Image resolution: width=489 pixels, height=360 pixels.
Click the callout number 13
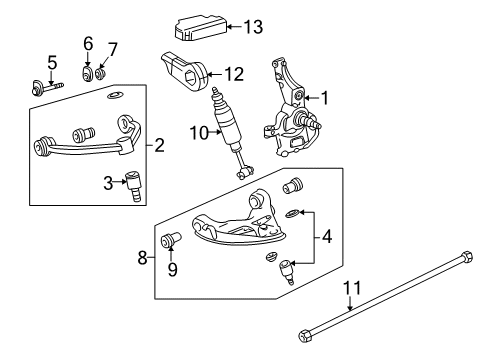253,27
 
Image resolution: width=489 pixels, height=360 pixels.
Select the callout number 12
234,74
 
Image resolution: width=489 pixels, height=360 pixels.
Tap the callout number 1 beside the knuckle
324,98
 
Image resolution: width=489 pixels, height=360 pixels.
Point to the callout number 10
200,133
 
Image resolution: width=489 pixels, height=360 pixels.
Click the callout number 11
352,288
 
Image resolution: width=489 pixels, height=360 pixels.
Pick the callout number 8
143,257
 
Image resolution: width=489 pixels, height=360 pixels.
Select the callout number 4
327,237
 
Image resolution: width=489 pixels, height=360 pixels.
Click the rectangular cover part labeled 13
201,28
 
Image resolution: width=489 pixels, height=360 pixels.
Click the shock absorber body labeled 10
228,128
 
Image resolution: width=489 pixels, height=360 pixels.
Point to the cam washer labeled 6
87,74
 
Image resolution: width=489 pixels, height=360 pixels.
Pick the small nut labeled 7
100,74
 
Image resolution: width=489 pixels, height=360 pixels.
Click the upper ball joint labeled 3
133,185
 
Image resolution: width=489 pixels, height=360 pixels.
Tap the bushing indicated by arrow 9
170,239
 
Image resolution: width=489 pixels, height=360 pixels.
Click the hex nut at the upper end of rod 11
466,257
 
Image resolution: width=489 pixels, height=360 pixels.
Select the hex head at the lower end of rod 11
306,335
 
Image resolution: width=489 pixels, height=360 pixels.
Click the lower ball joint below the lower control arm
286,272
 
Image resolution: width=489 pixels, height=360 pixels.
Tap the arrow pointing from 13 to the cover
234,27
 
